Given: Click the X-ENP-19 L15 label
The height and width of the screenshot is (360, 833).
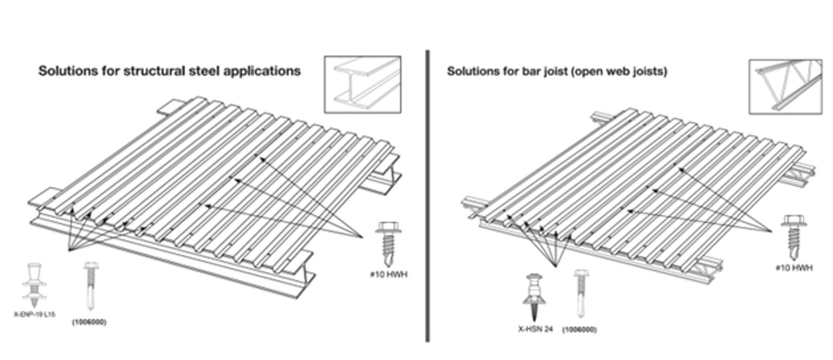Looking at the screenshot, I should (x=34, y=314).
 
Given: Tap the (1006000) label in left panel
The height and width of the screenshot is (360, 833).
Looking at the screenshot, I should (x=89, y=322).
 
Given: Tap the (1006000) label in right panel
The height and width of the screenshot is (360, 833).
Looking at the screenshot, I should (x=580, y=329).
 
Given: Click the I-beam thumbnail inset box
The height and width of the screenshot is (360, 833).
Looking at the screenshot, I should (x=362, y=84).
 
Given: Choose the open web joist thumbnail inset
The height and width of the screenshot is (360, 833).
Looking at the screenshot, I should (x=785, y=87).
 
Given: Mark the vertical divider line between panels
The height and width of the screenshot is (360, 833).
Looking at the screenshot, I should (x=427, y=195).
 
